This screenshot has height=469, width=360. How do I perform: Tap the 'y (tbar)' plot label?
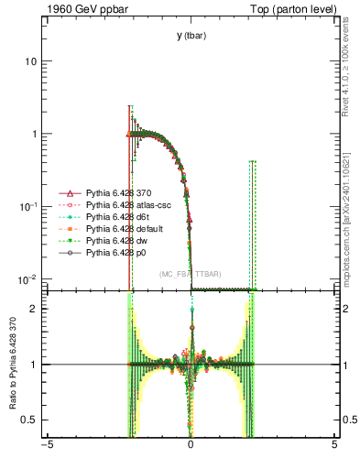click(191, 36)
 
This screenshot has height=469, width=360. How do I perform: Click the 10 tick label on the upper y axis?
click(28, 61)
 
